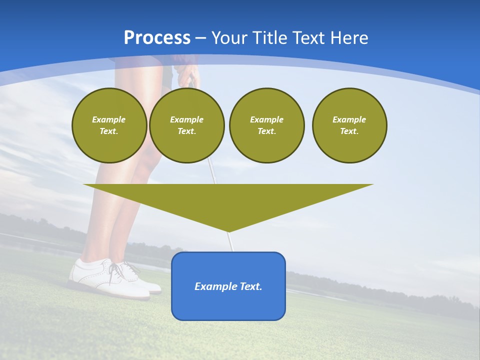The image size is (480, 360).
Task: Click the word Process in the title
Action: (157, 38)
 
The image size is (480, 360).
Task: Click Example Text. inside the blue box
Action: (228, 286)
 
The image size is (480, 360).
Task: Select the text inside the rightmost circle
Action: (349, 125)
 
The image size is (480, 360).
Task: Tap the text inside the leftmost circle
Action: (109, 125)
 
